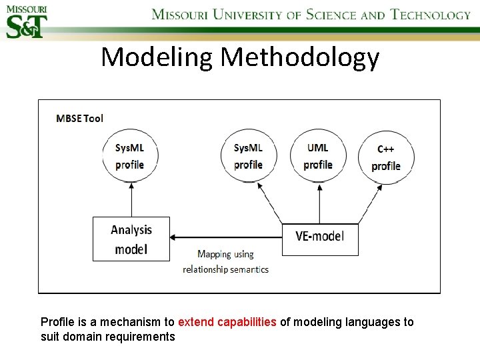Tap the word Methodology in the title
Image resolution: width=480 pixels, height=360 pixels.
point(300,58)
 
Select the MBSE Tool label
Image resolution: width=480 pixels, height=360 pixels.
point(80,118)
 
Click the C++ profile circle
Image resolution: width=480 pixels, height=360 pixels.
point(386,158)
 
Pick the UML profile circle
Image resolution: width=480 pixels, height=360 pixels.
point(318,156)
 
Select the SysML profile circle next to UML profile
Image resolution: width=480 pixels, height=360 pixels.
point(248,156)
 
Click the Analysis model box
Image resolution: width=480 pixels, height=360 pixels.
point(131,239)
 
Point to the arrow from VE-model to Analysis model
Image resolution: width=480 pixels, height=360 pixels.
point(227,237)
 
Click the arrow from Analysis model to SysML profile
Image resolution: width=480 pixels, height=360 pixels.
point(131,200)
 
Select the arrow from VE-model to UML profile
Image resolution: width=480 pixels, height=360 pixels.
point(319,203)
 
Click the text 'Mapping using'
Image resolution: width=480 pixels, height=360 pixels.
point(225,254)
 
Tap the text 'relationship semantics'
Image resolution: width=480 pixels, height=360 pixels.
point(225,269)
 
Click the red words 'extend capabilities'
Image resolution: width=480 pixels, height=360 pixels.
point(227,322)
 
